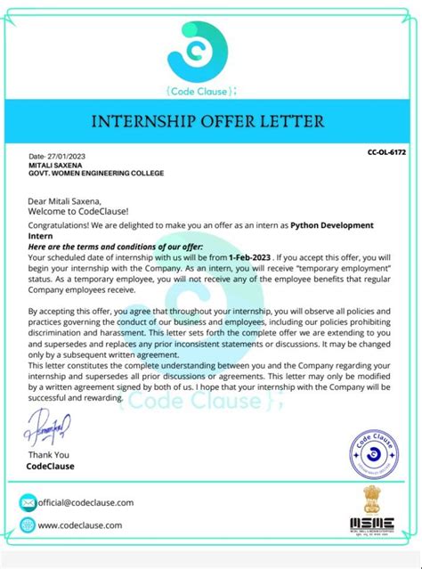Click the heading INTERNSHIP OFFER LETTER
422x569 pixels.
(211, 120)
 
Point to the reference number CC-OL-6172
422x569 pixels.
(386, 153)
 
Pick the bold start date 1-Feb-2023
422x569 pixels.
(249, 256)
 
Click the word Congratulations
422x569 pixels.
(61, 226)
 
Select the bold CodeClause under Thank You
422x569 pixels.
(51, 466)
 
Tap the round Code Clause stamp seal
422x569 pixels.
(374, 451)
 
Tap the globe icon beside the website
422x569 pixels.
(28, 524)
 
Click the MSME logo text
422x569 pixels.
(372, 525)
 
